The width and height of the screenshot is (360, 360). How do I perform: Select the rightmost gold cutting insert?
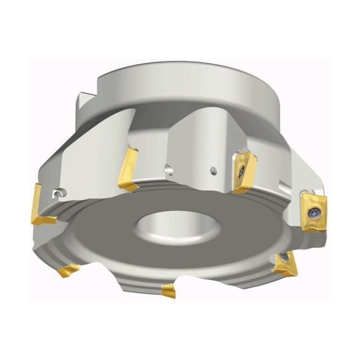coord(314,211)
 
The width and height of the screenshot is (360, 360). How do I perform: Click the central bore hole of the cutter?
coord(166,227)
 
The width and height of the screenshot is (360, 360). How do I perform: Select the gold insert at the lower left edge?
coord(68,270)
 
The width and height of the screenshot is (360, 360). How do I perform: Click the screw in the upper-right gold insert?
coord(241,171)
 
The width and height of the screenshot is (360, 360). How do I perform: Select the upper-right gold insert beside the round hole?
coord(244,172)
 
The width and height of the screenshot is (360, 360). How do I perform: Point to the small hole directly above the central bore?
coord(170,172)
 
